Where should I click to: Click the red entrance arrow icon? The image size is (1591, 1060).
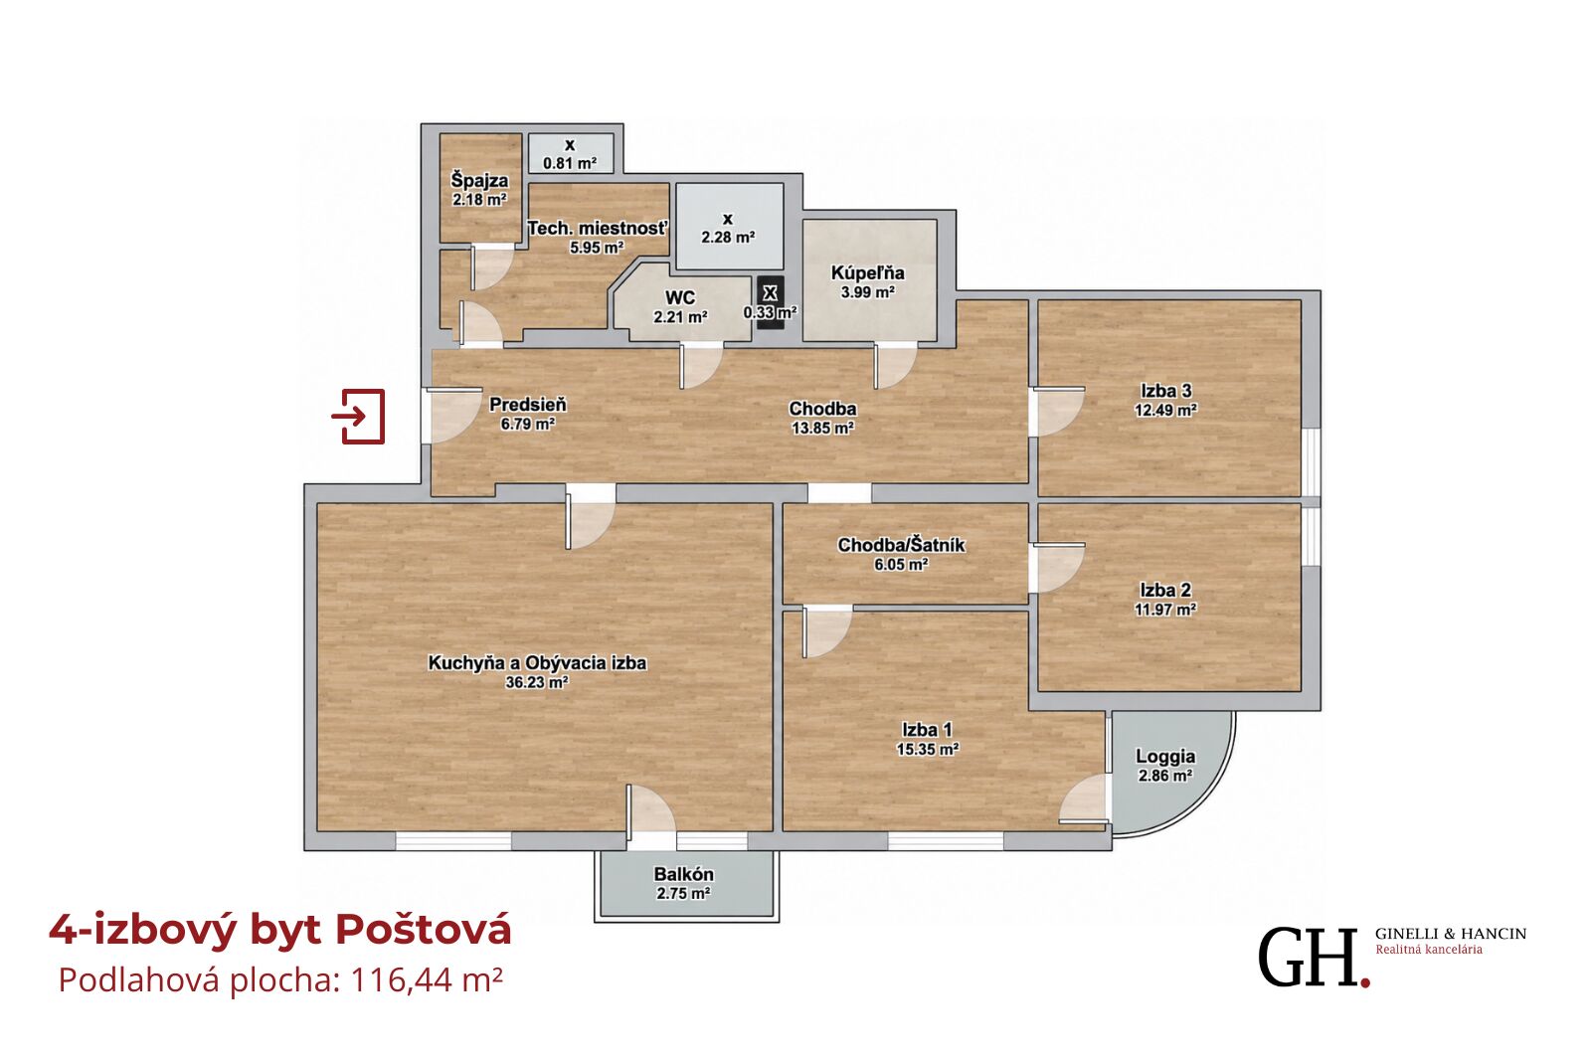point(358,417)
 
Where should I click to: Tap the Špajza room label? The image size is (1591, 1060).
point(479,180)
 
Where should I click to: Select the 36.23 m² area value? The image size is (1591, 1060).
point(536,683)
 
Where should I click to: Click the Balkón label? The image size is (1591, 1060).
point(683,874)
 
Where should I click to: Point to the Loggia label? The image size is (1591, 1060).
point(1164,757)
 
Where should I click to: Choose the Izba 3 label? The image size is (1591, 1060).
point(1165,390)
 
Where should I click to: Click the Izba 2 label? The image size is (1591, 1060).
point(1164,590)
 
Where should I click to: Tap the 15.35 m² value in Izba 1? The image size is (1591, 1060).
point(928,749)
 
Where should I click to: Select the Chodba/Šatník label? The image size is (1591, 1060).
point(901,545)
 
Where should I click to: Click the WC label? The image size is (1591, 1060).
point(680,297)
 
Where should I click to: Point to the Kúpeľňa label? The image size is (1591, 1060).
point(867,272)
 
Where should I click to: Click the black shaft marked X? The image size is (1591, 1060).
point(770,302)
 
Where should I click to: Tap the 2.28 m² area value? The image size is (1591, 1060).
point(728,238)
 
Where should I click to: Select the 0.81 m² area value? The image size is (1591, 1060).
point(569,163)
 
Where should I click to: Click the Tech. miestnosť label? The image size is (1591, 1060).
point(598,228)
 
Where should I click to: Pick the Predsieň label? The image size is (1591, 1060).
point(528,405)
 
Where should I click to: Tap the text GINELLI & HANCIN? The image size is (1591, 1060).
point(1451,934)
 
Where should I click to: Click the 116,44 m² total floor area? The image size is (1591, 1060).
point(427,981)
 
